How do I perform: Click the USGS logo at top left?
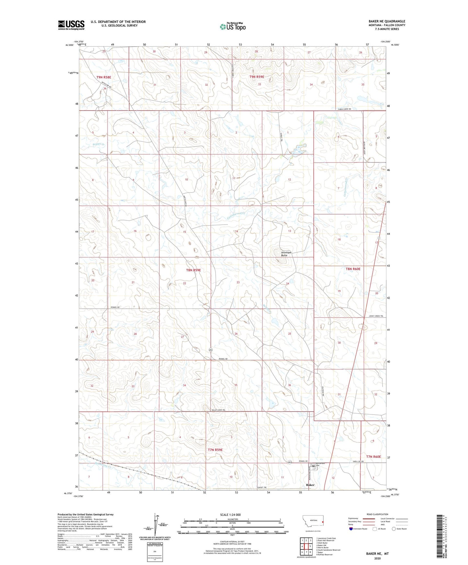(x=71, y=25)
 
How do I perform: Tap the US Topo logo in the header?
(x=233, y=26)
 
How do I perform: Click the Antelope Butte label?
(x=284, y=254)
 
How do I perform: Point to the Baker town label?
(x=310, y=485)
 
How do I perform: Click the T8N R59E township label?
(x=193, y=270)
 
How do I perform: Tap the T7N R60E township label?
(x=373, y=457)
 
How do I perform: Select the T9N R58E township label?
(x=104, y=77)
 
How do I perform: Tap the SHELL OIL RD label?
(x=358, y=461)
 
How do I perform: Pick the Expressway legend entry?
(x=353, y=518)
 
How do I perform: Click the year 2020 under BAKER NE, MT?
(x=377, y=558)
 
